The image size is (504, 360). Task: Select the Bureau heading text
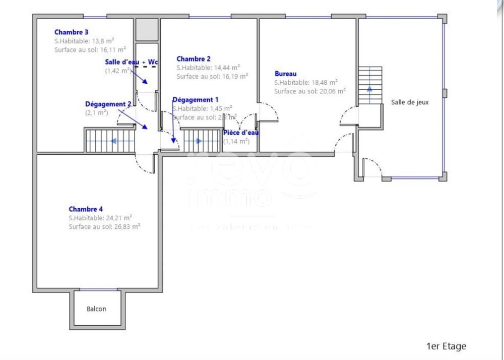point(286,74)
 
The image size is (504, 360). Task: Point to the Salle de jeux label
point(410,102)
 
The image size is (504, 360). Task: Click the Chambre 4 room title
point(86,209)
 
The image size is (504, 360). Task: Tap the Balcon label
point(97,309)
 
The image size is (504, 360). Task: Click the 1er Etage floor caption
point(446,346)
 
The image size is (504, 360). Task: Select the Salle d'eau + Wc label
point(132,62)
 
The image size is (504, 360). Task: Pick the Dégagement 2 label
point(108,104)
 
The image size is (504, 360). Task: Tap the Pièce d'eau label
point(241,133)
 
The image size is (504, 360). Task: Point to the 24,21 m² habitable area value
point(119,218)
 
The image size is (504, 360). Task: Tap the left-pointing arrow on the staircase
point(114,141)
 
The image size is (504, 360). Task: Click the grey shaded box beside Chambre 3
point(146,29)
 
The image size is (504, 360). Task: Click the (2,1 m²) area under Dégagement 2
point(97,113)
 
